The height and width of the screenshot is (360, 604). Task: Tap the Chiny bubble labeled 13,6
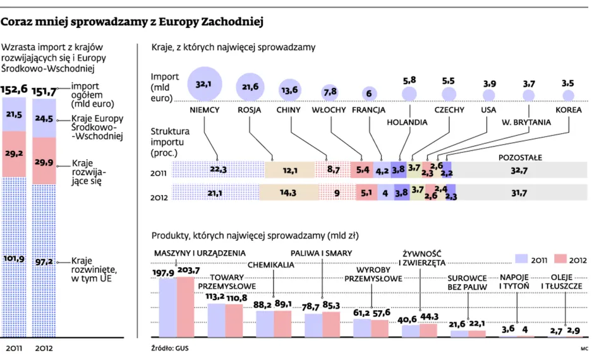[x=289, y=90]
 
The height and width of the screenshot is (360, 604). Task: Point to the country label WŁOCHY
[x=329, y=110]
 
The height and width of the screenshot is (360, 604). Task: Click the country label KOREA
[x=568, y=110]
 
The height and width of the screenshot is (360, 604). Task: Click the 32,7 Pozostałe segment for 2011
[x=519, y=170]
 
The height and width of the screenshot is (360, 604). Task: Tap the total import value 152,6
[x=14, y=89]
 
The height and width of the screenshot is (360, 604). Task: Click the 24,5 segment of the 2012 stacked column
[x=44, y=117]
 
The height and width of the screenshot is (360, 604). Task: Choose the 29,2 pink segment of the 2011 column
[x=14, y=152]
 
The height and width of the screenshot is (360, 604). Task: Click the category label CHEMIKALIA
[x=271, y=265]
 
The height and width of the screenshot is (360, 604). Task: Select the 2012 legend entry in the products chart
[x=572, y=259]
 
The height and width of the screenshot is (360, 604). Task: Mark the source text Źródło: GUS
[x=170, y=348]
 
